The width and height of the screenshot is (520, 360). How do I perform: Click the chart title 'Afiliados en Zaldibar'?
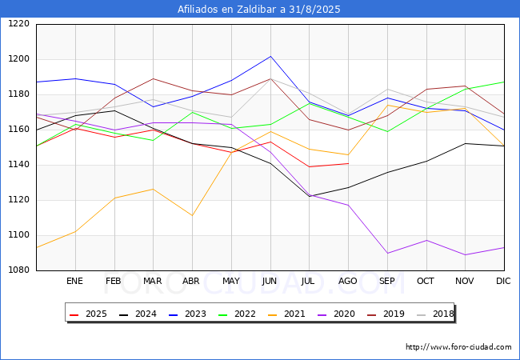(x=260, y=10)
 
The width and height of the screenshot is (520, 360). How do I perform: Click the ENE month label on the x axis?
(x=74, y=282)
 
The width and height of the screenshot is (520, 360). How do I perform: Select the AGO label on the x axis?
(x=348, y=282)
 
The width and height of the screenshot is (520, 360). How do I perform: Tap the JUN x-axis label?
(x=270, y=282)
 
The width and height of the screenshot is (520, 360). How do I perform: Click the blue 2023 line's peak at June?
(x=270, y=56)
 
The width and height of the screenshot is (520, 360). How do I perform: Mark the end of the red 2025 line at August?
(x=348, y=163)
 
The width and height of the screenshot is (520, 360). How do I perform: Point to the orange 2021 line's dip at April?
(x=192, y=215)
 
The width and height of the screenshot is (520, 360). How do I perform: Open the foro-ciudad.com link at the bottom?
(x=458, y=347)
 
